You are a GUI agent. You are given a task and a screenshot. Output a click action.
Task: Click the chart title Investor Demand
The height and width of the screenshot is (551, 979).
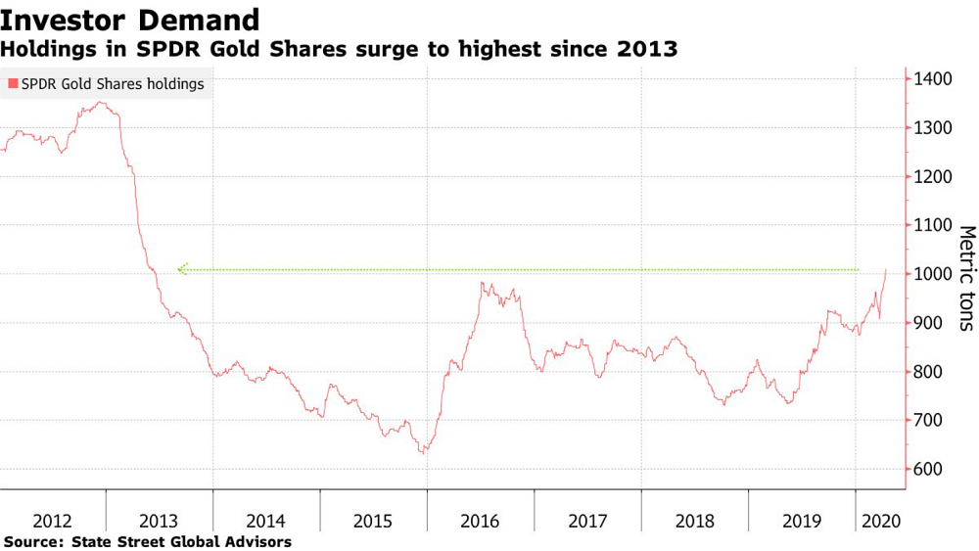click(x=130, y=20)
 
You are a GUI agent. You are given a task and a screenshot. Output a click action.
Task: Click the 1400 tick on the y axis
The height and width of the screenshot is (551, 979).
click(x=936, y=79)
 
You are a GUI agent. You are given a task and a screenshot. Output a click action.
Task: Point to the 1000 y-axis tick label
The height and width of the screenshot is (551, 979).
click(x=936, y=274)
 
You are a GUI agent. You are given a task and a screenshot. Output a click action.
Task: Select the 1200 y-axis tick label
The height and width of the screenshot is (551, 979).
click(x=936, y=177)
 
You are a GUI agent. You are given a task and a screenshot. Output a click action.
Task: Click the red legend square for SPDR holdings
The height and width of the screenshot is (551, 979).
click(x=12, y=84)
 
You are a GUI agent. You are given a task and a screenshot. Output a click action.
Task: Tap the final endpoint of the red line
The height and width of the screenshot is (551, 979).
click(x=886, y=270)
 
